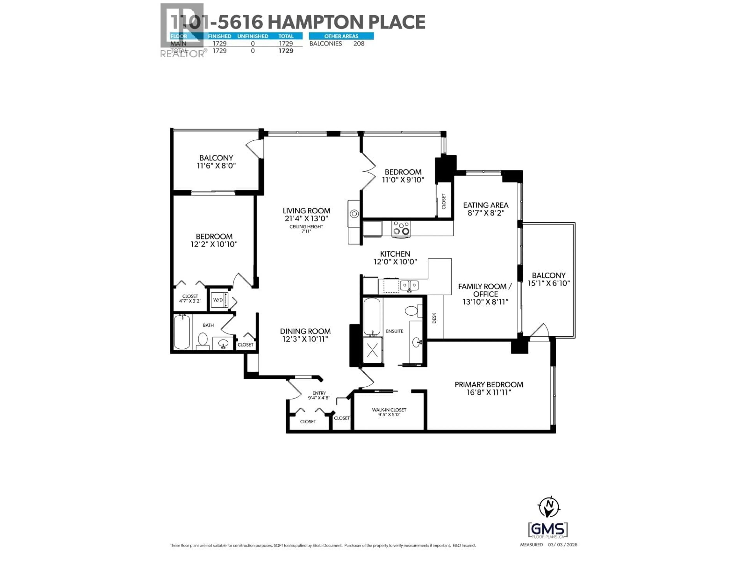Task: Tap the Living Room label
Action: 306,211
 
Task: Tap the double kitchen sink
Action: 409,286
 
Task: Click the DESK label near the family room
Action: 434,318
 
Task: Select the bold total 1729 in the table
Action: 286,51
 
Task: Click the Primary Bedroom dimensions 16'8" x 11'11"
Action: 489,392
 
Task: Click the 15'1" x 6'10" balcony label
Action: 549,283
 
